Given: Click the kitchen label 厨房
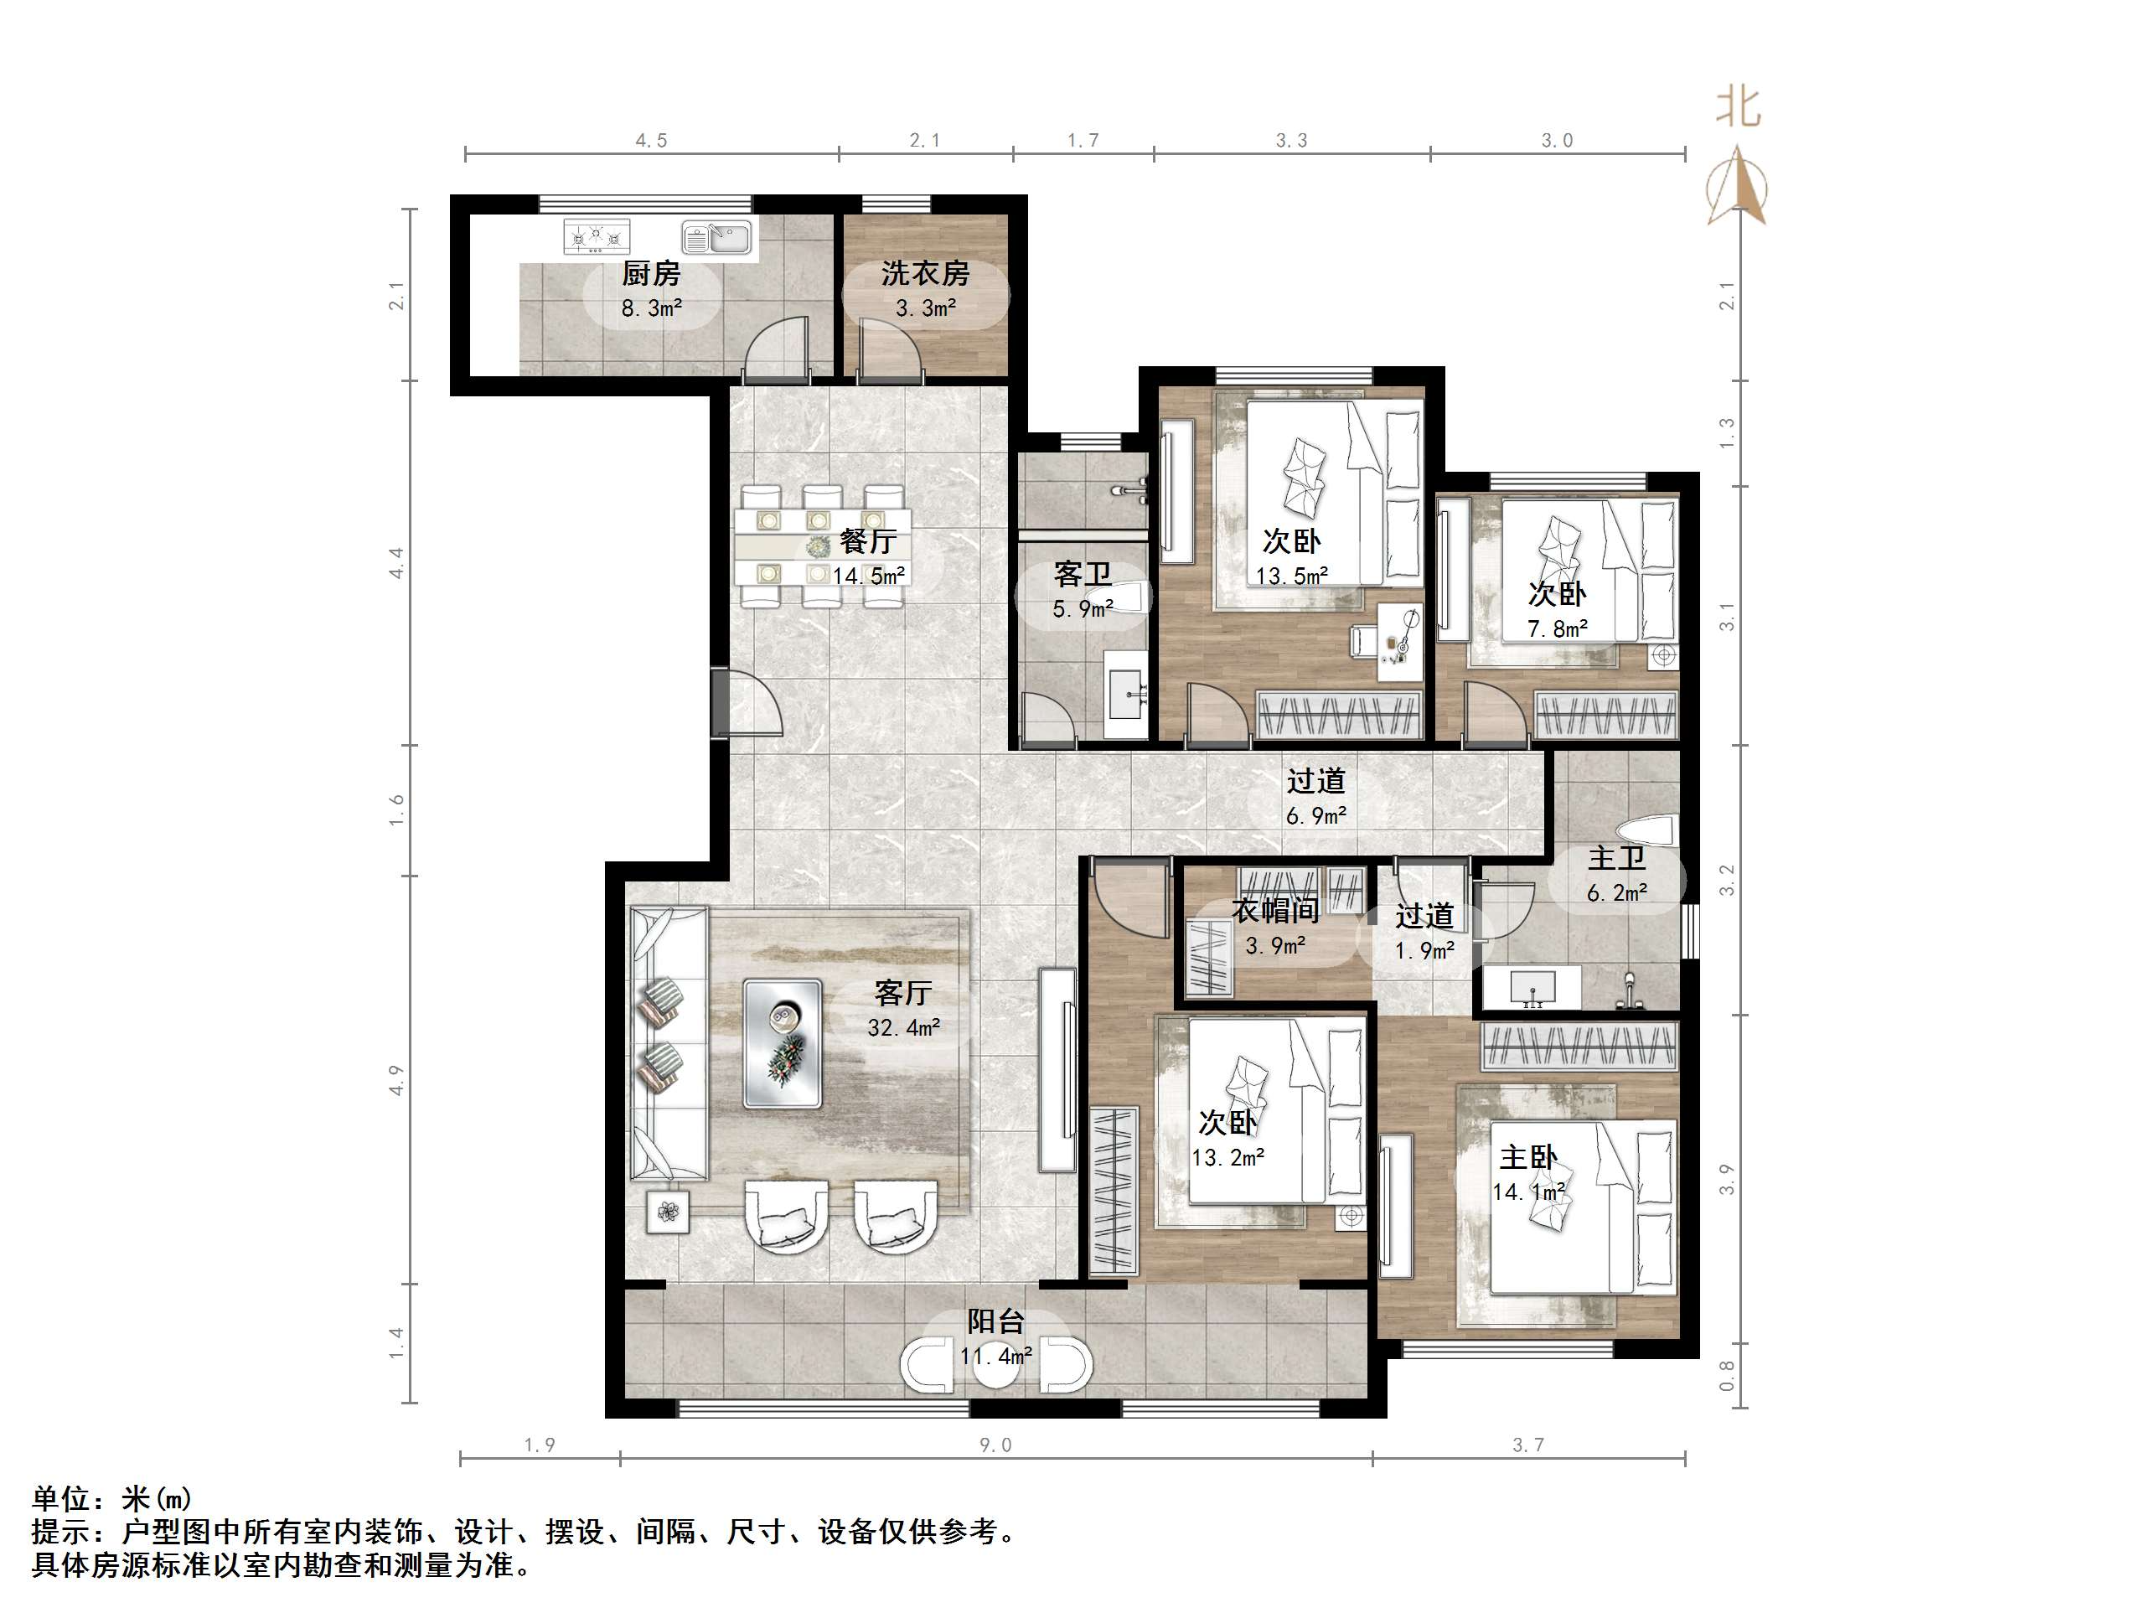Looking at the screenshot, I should click(x=650, y=273).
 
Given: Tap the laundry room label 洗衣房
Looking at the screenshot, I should click(x=924, y=273).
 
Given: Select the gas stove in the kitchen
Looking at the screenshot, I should click(x=597, y=236).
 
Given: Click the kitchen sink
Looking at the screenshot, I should click(x=717, y=236).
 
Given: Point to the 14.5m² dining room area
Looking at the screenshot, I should click(x=869, y=576).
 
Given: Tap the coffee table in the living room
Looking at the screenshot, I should click(x=783, y=1044).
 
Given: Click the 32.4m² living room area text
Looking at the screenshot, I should click(x=903, y=1027).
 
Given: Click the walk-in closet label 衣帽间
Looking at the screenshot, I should click(x=1275, y=911).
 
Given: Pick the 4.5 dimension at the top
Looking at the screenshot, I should click(x=651, y=141).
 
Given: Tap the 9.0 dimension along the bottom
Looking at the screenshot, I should click(x=995, y=1445).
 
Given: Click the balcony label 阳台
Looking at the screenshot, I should click(x=995, y=1322).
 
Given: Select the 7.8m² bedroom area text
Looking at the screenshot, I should click(x=1557, y=629).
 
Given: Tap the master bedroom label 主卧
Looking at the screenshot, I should click(x=1528, y=1157).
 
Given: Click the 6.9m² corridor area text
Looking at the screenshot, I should click(x=1316, y=816).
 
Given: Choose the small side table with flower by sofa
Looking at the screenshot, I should click(x=668, y=1212).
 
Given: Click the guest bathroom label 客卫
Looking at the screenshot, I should click(x=1082, y=575).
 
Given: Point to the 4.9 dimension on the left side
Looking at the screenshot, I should click(x=395, y=1080).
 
